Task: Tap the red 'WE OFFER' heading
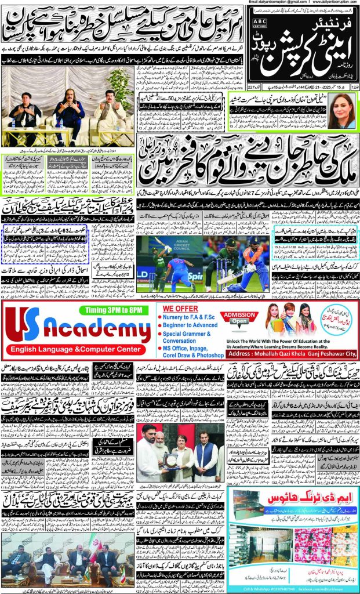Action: (x=177, y=309)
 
